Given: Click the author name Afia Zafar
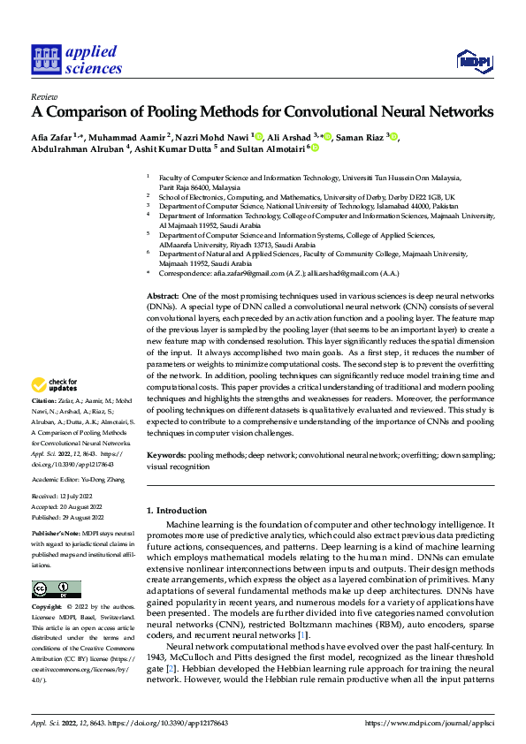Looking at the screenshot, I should [52, 137].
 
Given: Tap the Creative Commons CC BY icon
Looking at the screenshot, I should [56, 589].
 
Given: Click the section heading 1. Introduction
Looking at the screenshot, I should [175, 511].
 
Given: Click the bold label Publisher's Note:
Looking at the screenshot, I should [56, 535].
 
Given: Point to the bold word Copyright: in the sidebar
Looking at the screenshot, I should [48, 608].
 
